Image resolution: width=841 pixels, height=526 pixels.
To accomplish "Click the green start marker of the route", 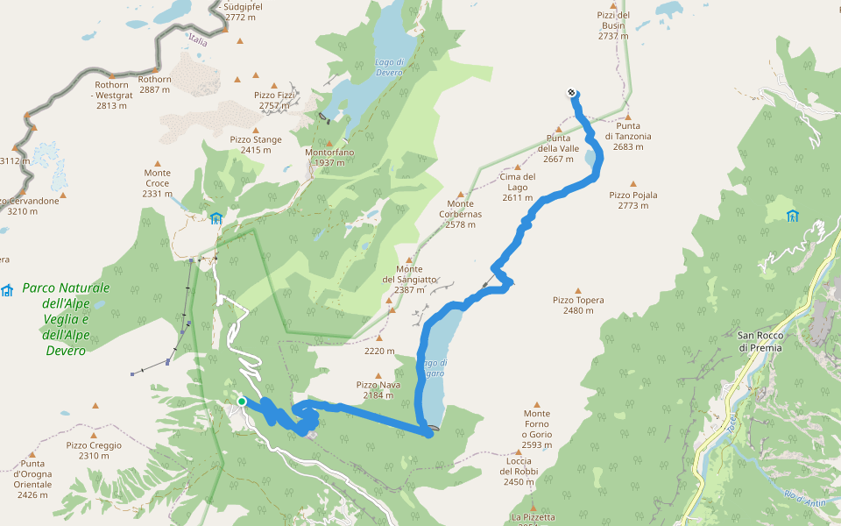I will click(x=242, y=402).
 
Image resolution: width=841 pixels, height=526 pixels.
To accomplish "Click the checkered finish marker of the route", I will click(x=571, y=92).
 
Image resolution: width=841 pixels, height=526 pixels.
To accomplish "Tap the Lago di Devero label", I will click(x=388, y=67).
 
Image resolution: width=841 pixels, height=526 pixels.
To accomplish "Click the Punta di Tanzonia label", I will click(x=628, y=136).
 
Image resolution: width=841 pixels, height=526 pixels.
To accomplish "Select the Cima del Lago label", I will click(x=518, y=187).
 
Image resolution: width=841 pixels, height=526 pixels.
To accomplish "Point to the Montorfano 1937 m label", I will click(x=329, y=157).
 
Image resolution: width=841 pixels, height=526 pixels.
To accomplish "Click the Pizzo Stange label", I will click(x=256, y=145).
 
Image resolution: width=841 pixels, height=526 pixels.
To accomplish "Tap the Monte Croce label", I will click(x=158, y=182).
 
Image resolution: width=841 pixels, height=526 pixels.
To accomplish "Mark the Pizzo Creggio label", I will click(x=94, y=450).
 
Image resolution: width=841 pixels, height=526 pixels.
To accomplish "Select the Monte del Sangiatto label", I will click(x=409, y=279).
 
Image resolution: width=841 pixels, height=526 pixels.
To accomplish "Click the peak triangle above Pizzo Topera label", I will click(x=578, y=290).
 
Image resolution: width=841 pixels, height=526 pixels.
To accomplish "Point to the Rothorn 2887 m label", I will click(x=155, y=84).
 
